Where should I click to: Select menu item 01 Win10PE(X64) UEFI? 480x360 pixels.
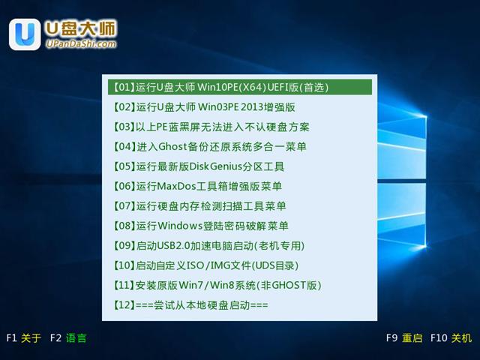(222, 87)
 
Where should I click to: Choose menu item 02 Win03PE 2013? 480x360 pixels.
(205, 106)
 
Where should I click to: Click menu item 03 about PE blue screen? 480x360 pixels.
(211, 127)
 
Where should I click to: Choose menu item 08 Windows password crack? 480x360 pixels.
(201, 226)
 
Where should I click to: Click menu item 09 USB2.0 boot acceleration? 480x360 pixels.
(209, 246)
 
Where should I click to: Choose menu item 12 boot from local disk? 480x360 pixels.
(191, 305)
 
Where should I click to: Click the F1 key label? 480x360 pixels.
(11, 338)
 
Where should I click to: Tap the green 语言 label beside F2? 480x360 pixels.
(76, 338)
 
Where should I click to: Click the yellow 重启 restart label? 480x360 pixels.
(412, 338)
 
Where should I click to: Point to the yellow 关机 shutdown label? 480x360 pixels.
(461, 338)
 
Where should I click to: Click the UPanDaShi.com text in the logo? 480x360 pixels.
(81, 44)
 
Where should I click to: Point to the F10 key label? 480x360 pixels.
(439, 338)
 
